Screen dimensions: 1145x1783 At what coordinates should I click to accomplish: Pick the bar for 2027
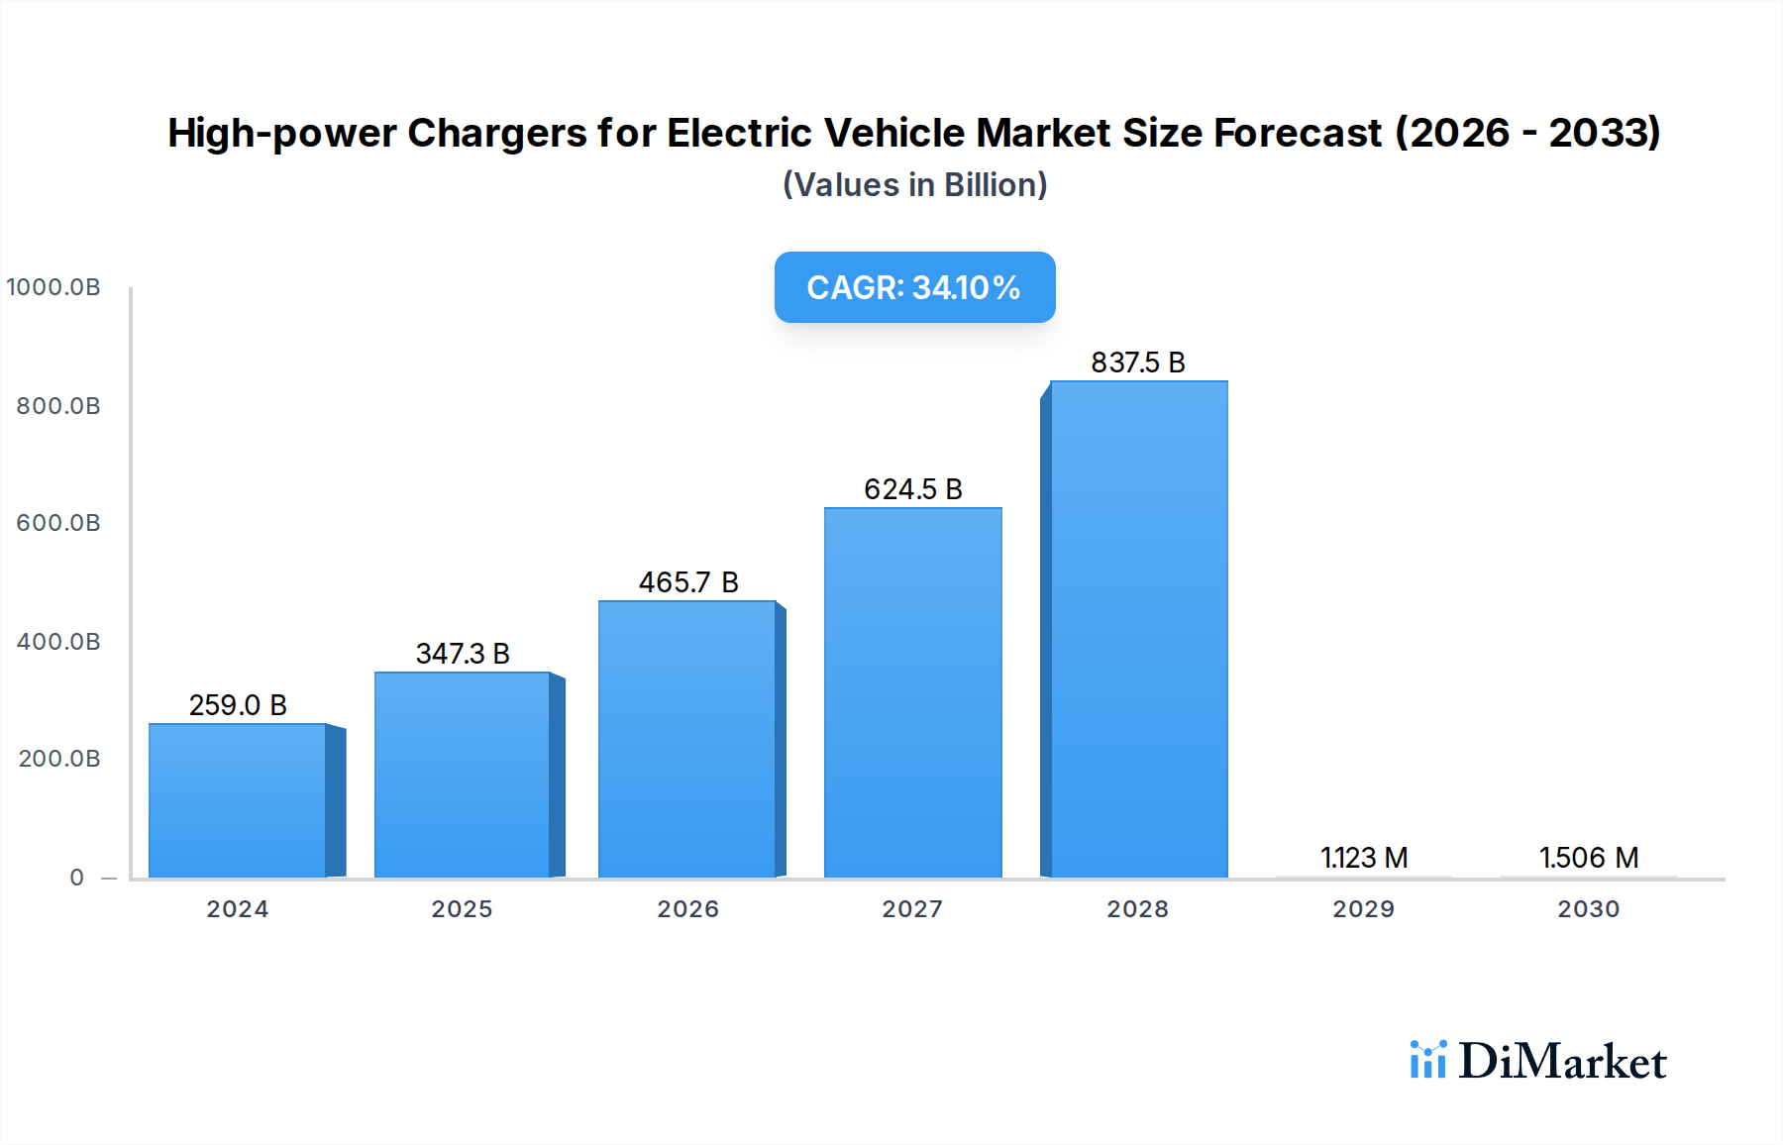(912, 692)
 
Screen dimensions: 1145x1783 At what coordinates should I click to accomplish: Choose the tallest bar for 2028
(1138, 629)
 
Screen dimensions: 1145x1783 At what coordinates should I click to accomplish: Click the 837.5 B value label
(1138, 363)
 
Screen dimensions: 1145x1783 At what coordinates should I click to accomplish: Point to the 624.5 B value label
(912, 489)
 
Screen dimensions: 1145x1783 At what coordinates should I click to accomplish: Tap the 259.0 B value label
(238, 705)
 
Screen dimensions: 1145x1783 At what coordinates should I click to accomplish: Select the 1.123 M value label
(1364, 858)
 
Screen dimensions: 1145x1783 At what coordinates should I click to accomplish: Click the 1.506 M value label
(1589, 858)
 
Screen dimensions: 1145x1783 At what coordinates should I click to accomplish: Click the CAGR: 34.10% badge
(914, 287)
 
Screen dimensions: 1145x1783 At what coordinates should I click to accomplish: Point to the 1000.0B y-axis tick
(53, 287)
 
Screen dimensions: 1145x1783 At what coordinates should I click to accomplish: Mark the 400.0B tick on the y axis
(58, 642)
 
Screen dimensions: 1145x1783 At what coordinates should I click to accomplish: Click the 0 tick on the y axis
(77, 878)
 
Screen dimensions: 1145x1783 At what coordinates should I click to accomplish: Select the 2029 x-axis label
(1364, 909)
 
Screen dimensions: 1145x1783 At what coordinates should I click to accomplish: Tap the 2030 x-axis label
(1589, 909)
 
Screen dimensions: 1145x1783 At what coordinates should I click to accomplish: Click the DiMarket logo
(1538, 1061)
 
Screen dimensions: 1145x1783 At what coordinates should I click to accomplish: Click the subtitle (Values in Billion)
(914, 185)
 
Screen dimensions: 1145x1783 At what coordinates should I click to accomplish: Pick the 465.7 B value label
(687, 582)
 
